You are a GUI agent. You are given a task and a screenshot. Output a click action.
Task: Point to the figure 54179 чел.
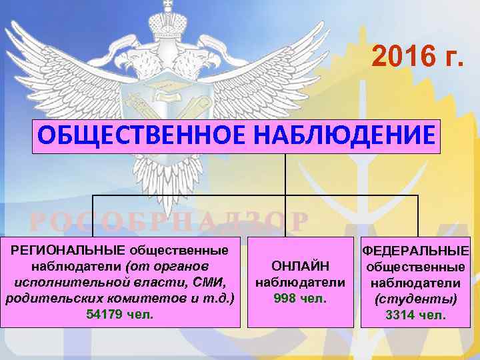[x=121, y=313]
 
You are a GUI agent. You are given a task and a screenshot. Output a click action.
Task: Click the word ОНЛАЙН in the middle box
[x=301, y=267]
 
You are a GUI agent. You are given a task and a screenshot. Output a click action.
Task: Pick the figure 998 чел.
[x=301, y=298]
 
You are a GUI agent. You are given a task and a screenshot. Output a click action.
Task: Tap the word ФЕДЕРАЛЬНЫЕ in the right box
[x=416, y=251]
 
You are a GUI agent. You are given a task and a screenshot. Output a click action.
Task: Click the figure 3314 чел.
[x=416, y=315]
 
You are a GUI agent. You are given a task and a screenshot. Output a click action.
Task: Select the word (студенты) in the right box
[x=416, y=299]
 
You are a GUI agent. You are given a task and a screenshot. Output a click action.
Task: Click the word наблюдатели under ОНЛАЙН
[x=301, y=283]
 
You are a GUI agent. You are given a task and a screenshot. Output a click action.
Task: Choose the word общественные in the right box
[x=416, y=267]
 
